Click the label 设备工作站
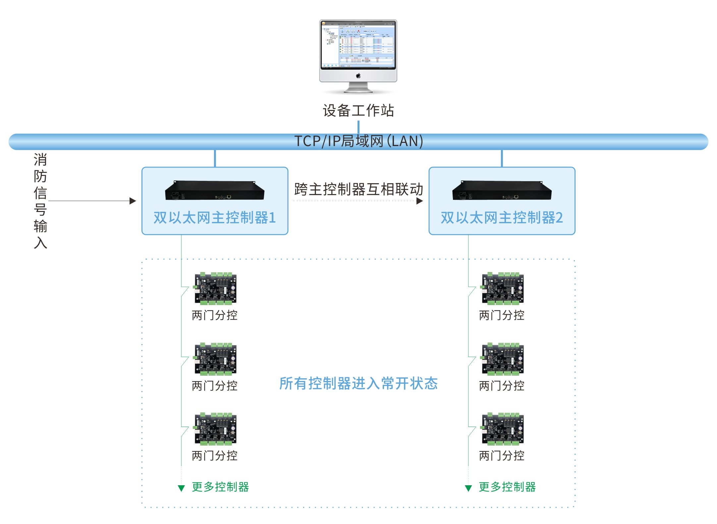(358, 110)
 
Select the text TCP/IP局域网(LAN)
(358, 141)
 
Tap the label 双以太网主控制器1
(215, 218)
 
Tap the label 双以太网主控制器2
(502, 218)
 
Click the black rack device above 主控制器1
(215, 190)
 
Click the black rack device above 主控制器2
(502, 190)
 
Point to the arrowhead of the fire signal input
(133, 201)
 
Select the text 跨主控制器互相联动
(358, 189)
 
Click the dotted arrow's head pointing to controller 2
(420, 201)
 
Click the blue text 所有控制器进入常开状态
(358, 383)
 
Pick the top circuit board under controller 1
(215, 288)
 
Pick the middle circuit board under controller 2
(503, 359)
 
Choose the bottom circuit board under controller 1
(215, 429)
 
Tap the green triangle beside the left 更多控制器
(181, 488)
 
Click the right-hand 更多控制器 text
(507, 487)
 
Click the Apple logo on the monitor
(358, 76)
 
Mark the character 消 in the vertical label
(40, 160)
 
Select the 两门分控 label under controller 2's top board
(502, 315)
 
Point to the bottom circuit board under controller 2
(503, 429)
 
